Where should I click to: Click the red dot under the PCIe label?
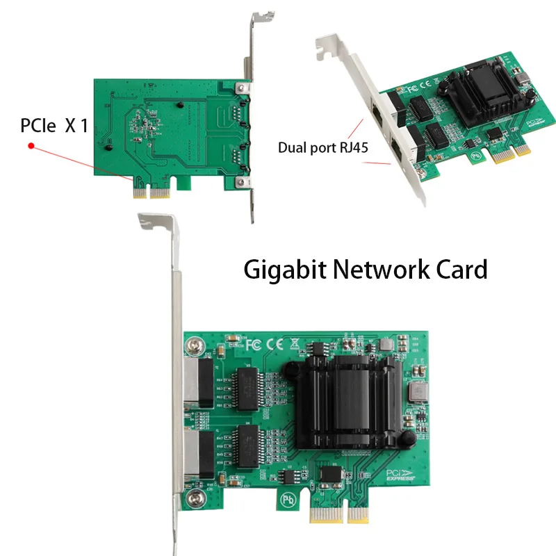point(31,146)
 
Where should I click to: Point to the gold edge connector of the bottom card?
point(339,515)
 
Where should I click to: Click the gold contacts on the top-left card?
point(152,192)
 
